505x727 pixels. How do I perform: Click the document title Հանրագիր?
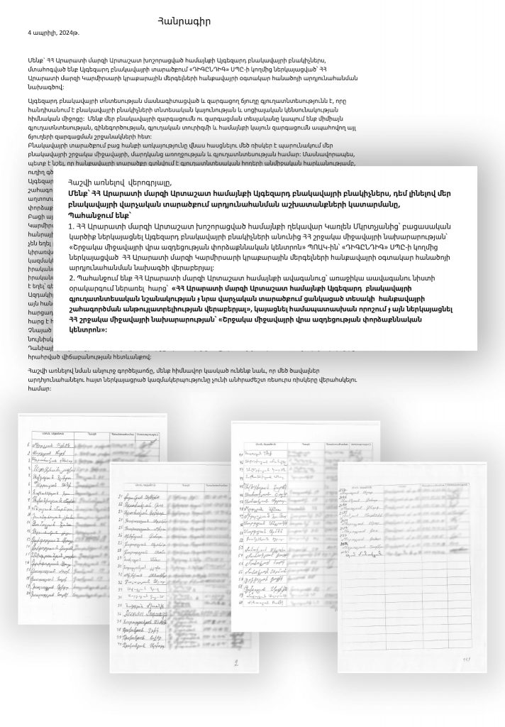click(184, 22)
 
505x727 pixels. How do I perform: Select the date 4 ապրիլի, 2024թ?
click(54, 33)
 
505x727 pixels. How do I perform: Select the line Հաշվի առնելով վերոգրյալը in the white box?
click(121, 182)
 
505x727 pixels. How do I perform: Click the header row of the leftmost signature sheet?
click(92, 433)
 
